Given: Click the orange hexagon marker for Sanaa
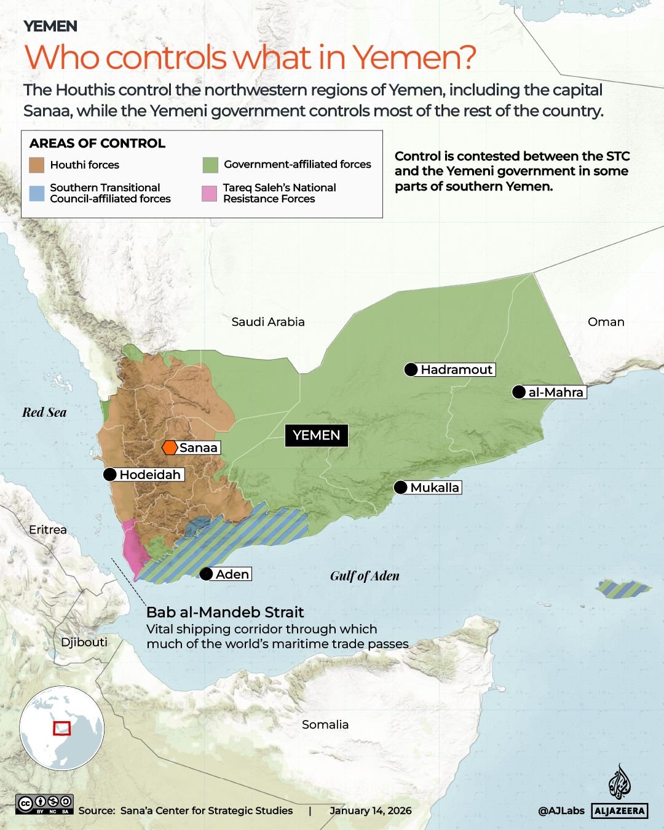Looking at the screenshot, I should [x=170, y=448].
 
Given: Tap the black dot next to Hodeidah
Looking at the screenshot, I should [x=110, y=474].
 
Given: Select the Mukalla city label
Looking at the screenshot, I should [x=435, y=488].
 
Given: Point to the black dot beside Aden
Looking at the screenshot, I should [x=207, y=574].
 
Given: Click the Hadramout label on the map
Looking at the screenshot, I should [x=456, y=370].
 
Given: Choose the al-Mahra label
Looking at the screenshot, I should [x=556, y=392].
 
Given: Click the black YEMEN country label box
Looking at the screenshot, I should [x=316, y=435].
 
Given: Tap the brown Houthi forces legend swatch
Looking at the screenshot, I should [x=37, y=165].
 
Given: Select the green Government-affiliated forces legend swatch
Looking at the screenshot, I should [x=210, y=165].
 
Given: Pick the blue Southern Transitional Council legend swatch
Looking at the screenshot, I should [x=37, y=193].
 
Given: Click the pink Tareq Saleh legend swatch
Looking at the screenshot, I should [x=210, y=193].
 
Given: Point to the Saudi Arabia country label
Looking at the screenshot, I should [x=268, y=322].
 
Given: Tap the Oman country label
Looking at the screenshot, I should [x=606, y=322].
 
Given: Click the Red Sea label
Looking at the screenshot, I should [x=44, y=413].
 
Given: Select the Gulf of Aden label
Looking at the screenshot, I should [x=365, y=576].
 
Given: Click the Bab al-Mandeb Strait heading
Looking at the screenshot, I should [x=225, y=612].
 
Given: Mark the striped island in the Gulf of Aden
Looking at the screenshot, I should [x=622, y=589].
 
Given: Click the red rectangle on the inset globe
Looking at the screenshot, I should [x=61, y=728].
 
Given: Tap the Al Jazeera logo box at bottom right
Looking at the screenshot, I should [x=620, y=811].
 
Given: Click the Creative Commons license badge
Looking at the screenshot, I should [x=45, y=804].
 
